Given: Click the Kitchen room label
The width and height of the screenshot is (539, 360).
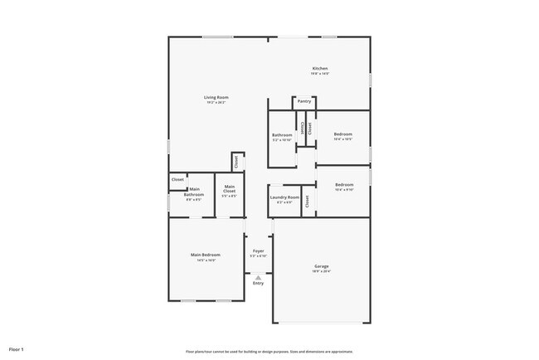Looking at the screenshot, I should click(320, 68).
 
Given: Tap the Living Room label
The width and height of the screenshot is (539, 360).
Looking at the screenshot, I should click(216, 98).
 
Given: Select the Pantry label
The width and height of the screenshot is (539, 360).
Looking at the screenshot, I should click(304, 101).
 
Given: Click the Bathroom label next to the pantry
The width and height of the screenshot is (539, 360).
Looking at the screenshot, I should click(282, 134).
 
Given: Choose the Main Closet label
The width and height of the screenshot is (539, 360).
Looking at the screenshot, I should click(229, 188).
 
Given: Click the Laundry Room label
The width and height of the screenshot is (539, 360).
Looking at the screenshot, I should click(284, 197).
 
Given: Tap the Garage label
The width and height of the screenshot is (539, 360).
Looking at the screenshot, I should click(321, 266).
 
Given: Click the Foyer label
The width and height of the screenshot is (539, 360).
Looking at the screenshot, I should click(259, 250).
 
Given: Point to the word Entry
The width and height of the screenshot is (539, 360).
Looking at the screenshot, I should click(259, 283).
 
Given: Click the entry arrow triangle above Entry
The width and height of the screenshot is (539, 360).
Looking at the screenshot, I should click(259, 276).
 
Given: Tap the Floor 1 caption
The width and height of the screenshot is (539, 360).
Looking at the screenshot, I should click(17, 350).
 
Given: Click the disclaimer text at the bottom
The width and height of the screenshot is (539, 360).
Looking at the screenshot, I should click(269, 351).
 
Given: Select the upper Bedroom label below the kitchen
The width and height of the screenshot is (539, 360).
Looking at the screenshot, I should click(343, 134).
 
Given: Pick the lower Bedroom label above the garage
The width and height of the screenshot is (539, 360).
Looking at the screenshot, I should click(344, 185).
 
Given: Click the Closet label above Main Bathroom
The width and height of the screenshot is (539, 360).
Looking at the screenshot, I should click(177, 179).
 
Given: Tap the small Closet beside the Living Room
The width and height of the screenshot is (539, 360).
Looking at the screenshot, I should click(236, 162).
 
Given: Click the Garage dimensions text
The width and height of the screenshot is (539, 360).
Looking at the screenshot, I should click(321, 271).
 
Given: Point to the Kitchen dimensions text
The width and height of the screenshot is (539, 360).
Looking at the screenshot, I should click(320, 74).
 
